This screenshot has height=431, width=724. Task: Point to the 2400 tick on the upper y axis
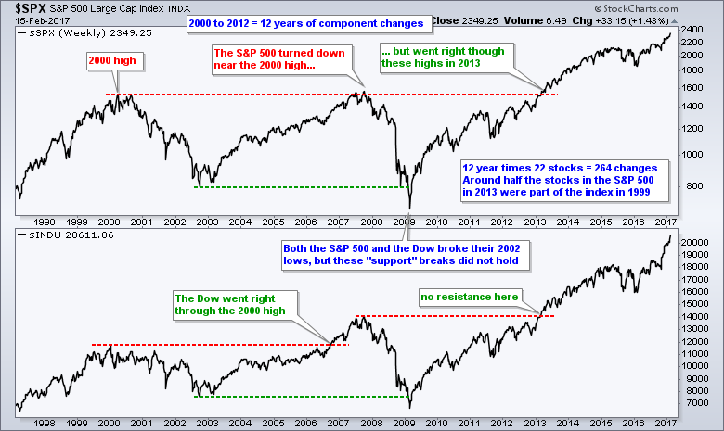(692, 30)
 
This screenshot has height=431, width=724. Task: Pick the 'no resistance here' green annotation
(467, 297)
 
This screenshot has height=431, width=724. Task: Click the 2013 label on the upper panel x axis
(535, 223)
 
